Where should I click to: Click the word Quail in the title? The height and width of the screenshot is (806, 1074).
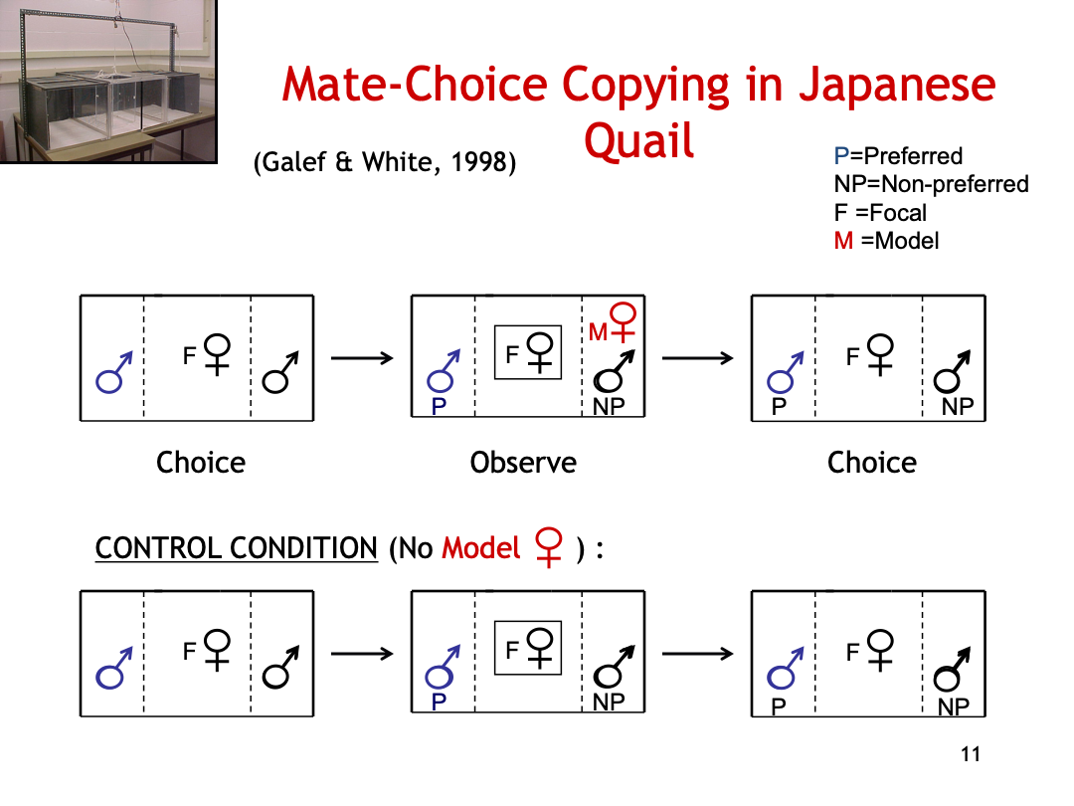[x=638, y=140]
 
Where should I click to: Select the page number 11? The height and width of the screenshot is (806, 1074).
[x=971, y=754]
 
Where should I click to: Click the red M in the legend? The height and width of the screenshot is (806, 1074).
[x=843, y=241]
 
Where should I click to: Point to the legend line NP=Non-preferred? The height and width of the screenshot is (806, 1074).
[x=931, y=184]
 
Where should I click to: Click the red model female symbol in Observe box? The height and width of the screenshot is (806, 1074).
[x=623, y=322]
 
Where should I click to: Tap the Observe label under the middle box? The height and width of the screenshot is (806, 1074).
[x=523, y=463]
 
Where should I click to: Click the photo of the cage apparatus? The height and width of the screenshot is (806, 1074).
[x=108, y=81]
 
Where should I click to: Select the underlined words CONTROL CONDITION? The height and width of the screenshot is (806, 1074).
[x=237, y=548]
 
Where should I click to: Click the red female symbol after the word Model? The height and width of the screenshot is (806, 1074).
[x=548, y=547]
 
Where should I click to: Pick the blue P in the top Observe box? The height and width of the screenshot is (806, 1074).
[x=440, y=406]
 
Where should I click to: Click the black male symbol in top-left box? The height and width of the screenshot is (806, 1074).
[x=280, y=372]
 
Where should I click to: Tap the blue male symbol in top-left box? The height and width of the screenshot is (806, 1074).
[x=113, y=373]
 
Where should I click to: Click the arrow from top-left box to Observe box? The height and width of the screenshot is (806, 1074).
[x=362, y=358]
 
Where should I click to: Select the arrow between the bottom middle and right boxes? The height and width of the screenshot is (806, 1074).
[x=697, y=653]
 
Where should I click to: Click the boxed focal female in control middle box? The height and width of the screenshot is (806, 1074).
[x=528, y=648]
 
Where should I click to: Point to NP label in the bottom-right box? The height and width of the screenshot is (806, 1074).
[x=954, y=706]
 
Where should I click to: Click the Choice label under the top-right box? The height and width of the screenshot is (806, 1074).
[x=872, y=463]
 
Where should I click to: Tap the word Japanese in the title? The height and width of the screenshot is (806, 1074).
[x=897, y=85]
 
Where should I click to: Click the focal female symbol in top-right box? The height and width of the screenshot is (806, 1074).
[x=880, y=355]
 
